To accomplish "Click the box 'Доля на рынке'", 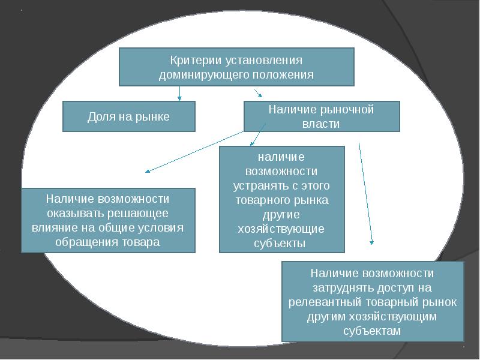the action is (x=129, y=116).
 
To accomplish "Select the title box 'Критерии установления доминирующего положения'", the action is (x=236, y=67).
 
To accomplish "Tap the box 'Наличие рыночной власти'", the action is (x=321, y=116).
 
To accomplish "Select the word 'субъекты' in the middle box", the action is (x=281, y=243).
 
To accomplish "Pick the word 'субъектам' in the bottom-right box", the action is (x=372, y=331).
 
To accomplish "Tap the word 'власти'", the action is (x=321, y=124).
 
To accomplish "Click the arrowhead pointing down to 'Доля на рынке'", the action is (x=179, y=98).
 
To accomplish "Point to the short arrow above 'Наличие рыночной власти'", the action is (x=259, y=93).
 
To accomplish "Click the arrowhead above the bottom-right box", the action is (x=372, y=242).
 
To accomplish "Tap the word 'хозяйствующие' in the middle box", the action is (x=281, y=229).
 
